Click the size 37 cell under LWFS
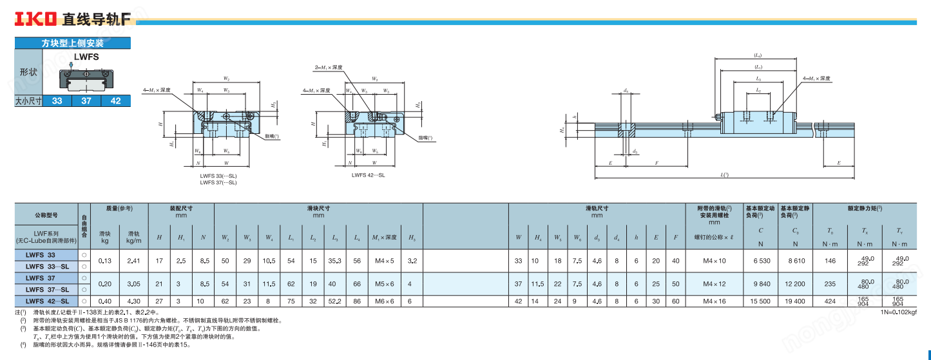(x=86, y=101)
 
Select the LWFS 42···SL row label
(x=47, y=301)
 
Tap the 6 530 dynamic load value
(x=761, y=261)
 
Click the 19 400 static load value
(x=795, y=301)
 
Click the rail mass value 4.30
(x=134, y=301)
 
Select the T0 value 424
(x=830, y=301)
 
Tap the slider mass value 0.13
(x=105, y=261)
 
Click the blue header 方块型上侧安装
(x=72, y=44)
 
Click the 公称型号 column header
(x=46, y=214)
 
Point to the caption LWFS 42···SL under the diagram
(x=368, y=175)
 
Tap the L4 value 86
(x=357, y=301)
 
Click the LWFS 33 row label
(x=40, y=255)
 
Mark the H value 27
(x=159, y=301)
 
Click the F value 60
(x=675, y=301)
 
